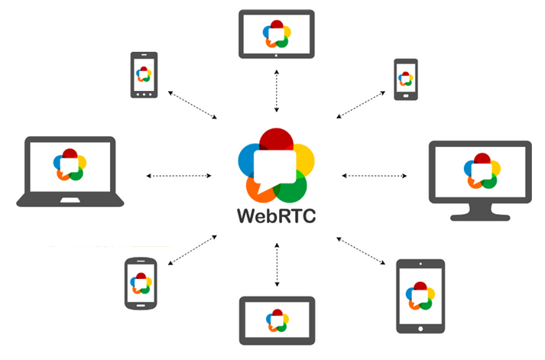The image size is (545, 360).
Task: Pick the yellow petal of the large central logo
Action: [x=302, y=158]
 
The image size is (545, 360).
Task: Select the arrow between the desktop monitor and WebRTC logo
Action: [x=375, y=176]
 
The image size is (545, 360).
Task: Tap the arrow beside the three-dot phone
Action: [x=193, y=104]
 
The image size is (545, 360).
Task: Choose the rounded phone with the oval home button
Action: [x=140, y=283]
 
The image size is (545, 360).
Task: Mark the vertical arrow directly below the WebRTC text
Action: [x=273, y=264]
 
